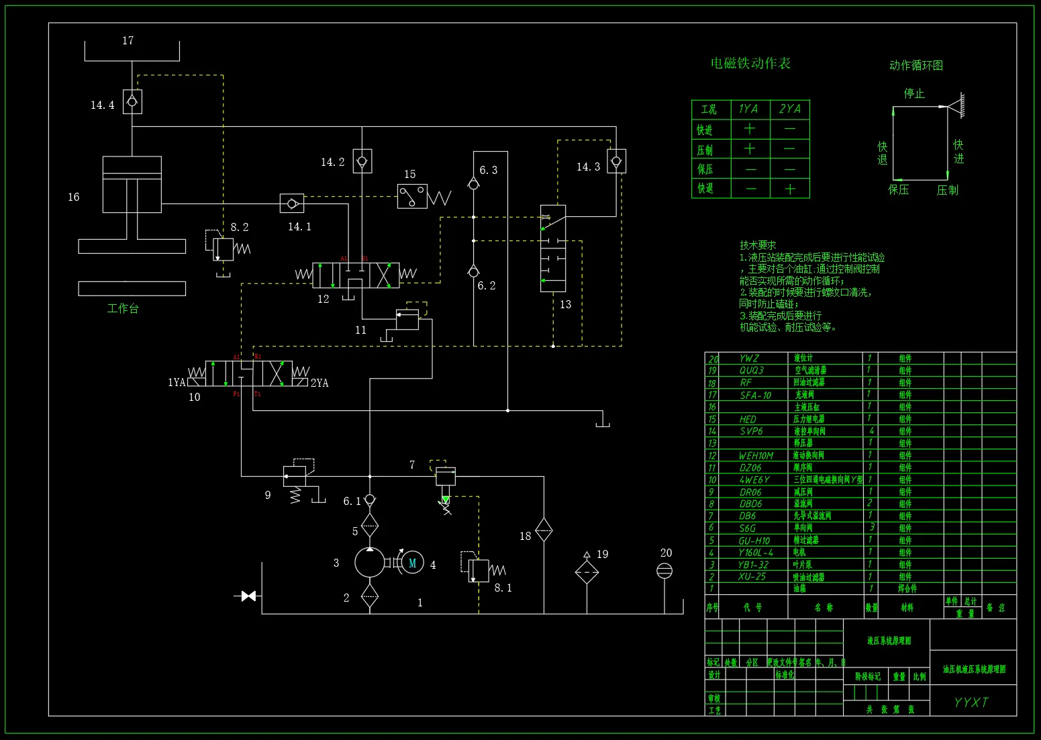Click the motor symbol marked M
click(x=412, y=563)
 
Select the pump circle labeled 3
click(x=369, y=563)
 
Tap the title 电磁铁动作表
click(x=750, y=63)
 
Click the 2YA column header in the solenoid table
click(x=789, y=109)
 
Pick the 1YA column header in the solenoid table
click(x=748, y=109)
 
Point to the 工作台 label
click(x=123, y=308)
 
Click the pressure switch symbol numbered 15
click(x=412, y=196)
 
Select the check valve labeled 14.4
click(x=132, y=101)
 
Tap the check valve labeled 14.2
click(x=362, y=161)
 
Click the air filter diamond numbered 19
click(x=587, y=572)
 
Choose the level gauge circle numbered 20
click(x=664, y=571)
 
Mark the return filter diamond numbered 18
click(x=544, y=530)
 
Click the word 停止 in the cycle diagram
click(x=914, y=93)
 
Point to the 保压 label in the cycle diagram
click(x=898, y=190)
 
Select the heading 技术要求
click(x=758, y=245)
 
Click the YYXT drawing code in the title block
click(x=971, y=702)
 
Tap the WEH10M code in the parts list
click(x=756, y=455)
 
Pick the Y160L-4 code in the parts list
click(x=755, y=552)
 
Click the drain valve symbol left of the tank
click(x=248, y=596)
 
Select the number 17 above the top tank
click(x=128, y=41)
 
